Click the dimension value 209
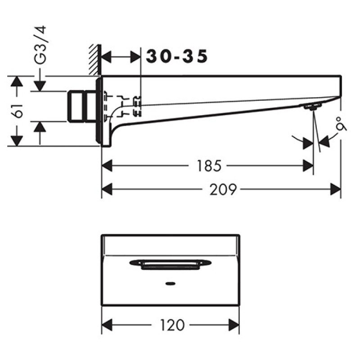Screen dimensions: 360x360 click(223, 189)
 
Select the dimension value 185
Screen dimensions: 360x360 click(209, 166)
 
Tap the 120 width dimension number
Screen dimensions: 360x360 click(172, 325)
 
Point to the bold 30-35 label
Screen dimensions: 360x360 click(177, 56)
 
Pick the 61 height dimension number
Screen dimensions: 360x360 click(18, 111)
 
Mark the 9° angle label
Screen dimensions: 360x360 click(342, 125)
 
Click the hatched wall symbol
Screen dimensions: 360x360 click(95, 60)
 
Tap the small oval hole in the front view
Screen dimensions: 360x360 click(171, 283)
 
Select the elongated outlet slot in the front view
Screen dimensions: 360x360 click(170, 265)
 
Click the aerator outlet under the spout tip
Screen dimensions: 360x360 click(312, 107)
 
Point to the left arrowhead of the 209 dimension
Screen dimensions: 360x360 click(107, 189)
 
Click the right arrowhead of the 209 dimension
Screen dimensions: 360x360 click(336, 189)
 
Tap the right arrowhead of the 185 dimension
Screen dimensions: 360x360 click(308, 166)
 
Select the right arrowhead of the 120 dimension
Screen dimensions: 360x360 click(234, 325)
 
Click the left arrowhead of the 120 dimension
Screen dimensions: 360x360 click(107, 325)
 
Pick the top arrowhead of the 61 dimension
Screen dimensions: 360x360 click(17, 81)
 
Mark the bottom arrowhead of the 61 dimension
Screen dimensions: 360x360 click(17, 141)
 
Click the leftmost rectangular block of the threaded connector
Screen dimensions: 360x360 click(76, 106)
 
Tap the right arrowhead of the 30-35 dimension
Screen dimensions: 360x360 click(135, 57)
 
